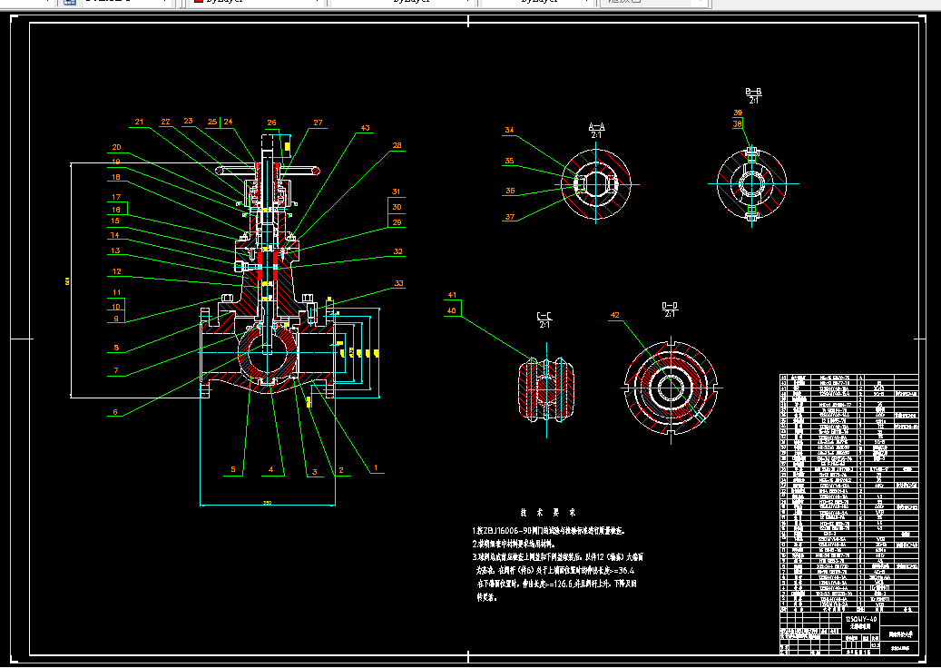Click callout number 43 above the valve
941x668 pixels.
(x=365, y=128)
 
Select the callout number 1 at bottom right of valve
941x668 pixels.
(x=375, y=469)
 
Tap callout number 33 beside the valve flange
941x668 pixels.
(x=398, y=284)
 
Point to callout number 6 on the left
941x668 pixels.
(x=114, y=412)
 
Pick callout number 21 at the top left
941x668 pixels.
(x=139, y=122)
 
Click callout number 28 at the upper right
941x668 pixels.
(x=397, y=145)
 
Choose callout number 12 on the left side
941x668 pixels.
(x=116, y=271)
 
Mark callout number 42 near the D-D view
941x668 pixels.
(x=614, y=316)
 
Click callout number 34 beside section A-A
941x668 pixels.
(x=509, y=131)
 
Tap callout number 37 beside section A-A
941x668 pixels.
(x=509, y=217)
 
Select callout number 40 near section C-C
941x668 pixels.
(x=451, y=311)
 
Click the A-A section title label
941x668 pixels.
(x=597, y=129)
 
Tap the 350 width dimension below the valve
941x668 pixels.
(x=268, y=502)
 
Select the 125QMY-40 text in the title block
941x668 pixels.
(x=859, y=616)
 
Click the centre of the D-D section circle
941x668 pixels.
(x=671, y=385)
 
